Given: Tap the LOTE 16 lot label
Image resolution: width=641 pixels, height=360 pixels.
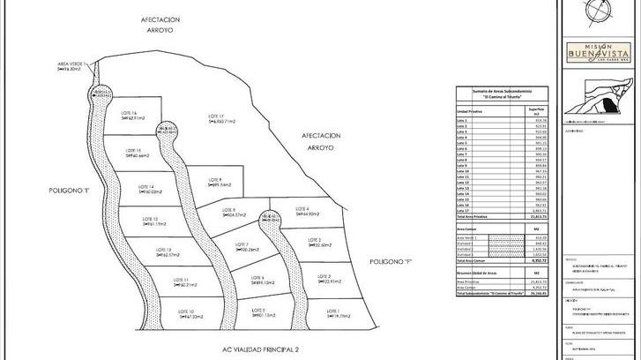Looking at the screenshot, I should [129, 113].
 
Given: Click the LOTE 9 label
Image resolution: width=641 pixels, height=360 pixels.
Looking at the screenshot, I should [214, 180].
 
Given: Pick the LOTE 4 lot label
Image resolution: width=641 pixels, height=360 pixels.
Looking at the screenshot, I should [301, 208].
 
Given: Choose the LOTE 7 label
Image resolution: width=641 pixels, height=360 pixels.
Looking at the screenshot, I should [241, 244].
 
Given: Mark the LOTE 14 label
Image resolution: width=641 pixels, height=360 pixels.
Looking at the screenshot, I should [145, 187].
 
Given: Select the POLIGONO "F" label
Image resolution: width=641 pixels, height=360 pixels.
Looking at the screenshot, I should [389, 262].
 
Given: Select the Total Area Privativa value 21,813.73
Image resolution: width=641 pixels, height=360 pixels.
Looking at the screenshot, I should [527, 216].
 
